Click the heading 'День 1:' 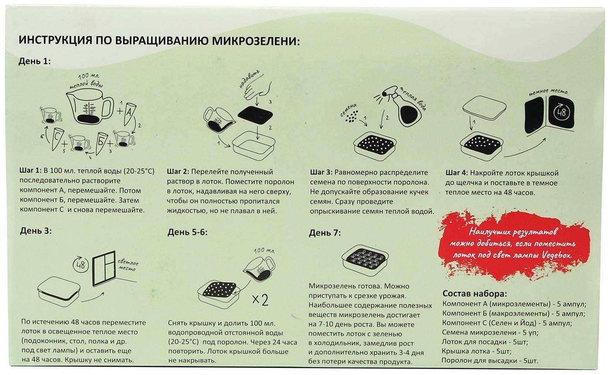34,61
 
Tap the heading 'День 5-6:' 187,232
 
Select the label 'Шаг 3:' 321,173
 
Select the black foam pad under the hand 256,116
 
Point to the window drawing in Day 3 104,268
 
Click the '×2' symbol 260,300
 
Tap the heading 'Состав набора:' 474,293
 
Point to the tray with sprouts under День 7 365,259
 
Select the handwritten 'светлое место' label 128,266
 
